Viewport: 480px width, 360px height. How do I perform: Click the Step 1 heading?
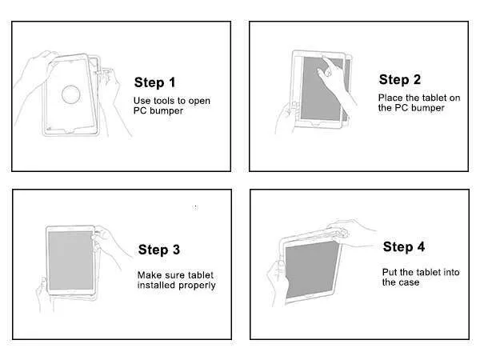154,82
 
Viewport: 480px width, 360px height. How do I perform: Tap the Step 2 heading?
400,79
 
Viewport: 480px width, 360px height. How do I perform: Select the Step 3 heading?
159,250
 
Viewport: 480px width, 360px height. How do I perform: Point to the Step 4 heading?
404,246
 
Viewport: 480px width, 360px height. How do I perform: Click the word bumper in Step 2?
428,108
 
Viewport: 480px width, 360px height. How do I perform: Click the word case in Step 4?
410,282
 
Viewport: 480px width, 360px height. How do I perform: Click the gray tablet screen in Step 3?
70,261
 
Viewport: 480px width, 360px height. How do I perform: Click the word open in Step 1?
199,102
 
